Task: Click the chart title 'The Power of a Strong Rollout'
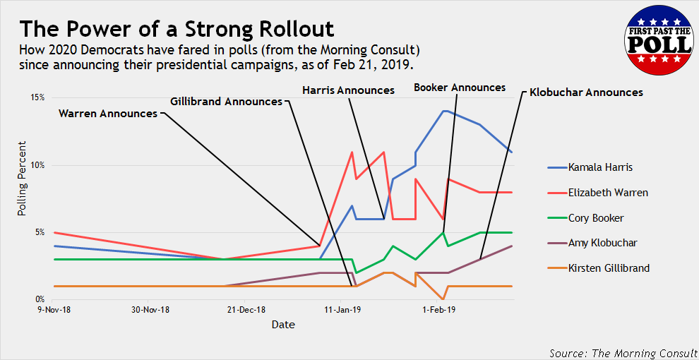(177, 29)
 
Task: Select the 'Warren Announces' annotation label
(108, 113)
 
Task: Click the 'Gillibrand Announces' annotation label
(226, 101)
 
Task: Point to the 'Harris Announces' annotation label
(348, 90)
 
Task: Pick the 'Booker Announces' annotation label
(460, 88)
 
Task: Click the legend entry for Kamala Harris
(600, 168)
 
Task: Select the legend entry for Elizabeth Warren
(608, 193)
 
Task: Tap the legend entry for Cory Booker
(596, 218)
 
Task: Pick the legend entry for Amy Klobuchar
(602, 243)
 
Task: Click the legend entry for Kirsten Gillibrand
(609, 268)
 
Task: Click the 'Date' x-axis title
(283, 325)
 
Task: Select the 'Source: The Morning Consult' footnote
(623, 352)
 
